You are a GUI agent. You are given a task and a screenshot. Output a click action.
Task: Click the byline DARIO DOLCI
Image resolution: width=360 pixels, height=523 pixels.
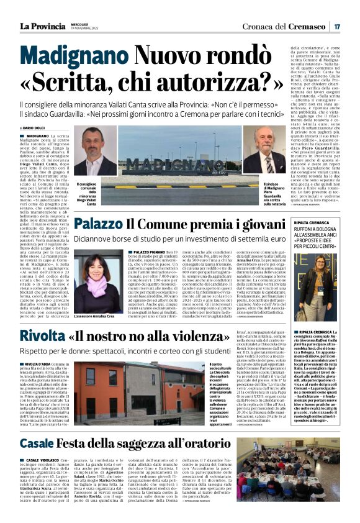(x=41, y=128)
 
